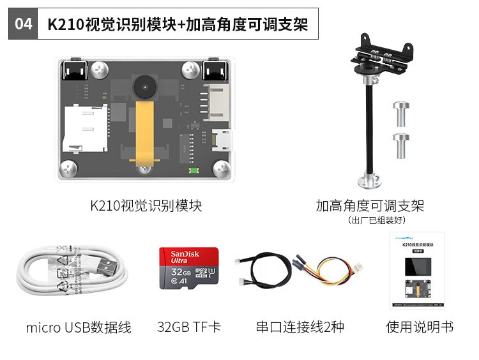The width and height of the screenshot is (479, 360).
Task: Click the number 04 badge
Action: (x=23, y=24)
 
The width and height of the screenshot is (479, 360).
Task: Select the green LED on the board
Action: (x=192, y=170)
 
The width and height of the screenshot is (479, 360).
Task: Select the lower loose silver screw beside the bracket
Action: (x=401, y=146)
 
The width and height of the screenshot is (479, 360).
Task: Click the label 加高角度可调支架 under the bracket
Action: (x=370, y=206)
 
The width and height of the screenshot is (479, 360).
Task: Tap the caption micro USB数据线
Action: (x=79, y=328)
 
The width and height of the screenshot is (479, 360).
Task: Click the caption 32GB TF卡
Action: (x=189, y=327)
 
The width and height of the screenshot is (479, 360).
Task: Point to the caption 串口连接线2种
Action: (x=300, y=327)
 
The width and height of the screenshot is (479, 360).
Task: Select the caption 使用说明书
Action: (x=420, y=327)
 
